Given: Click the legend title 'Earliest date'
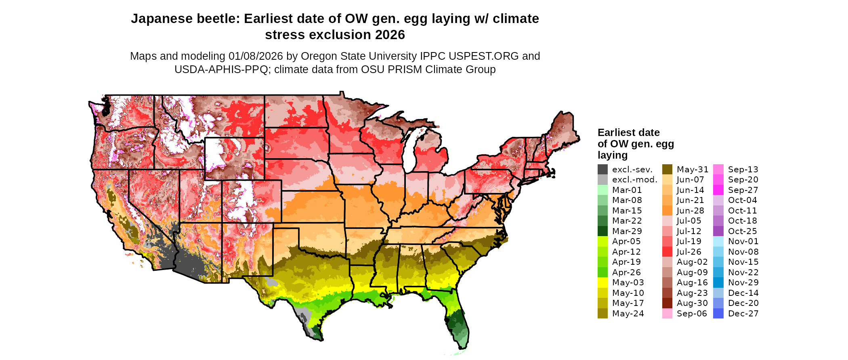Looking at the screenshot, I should point(628,132).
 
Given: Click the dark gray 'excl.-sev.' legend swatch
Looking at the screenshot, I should point(602,170).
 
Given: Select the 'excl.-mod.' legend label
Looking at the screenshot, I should point(634,180).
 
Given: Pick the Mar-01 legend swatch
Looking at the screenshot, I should point(602,190).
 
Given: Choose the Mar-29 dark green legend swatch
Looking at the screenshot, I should point(602,231).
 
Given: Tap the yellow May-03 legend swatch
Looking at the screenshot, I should point(602,283).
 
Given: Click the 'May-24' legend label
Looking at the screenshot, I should point(628,314).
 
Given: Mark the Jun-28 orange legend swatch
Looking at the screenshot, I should point(667,211).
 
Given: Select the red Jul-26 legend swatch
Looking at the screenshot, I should point(667,252).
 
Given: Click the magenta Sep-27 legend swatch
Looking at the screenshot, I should point(718,190).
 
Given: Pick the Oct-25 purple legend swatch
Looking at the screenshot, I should point(718,231).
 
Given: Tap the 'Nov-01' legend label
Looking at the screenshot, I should point(743,241).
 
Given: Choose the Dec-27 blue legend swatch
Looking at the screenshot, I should point(718,314).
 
